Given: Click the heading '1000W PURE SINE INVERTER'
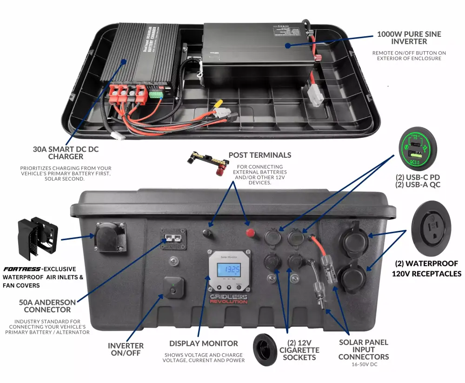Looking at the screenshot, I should tap(409, 38).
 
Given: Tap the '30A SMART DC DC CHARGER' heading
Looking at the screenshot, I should tap(66, 153).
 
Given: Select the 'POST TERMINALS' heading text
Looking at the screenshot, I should tap(260, 155).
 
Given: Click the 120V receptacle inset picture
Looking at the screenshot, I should tap(431, 228).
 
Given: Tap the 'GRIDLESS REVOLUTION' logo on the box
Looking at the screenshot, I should tap(228, 299).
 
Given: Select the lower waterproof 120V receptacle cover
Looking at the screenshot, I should tap(355, 277).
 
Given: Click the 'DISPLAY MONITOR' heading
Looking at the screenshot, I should tap(203, 343).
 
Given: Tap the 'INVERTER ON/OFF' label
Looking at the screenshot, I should tap(126, 349).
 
